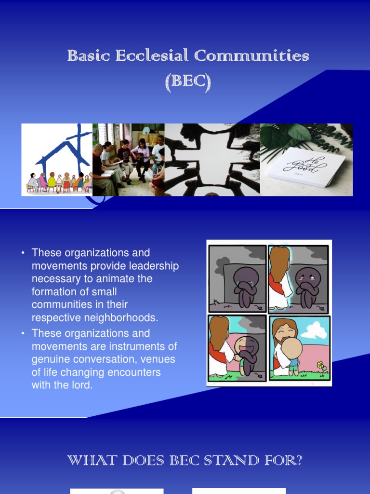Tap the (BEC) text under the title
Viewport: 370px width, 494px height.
click(x=188, y=82)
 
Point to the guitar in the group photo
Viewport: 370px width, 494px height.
click(x=140, y=155)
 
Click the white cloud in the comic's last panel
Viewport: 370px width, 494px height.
click(x=314, y=330)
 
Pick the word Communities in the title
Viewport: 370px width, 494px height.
click(x=251, y=56)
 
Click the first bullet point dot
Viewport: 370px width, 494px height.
click(x=22, y=253)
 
